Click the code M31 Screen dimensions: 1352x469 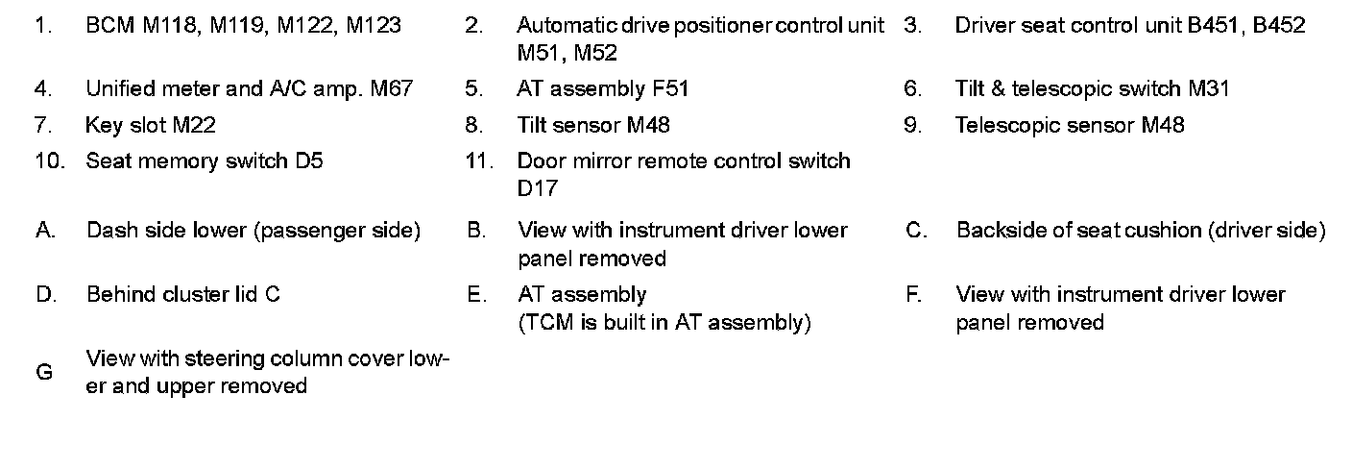1208,89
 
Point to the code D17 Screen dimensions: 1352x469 537,188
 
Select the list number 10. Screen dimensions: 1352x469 48,160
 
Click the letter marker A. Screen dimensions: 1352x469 43,231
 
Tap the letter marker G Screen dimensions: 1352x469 43,373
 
